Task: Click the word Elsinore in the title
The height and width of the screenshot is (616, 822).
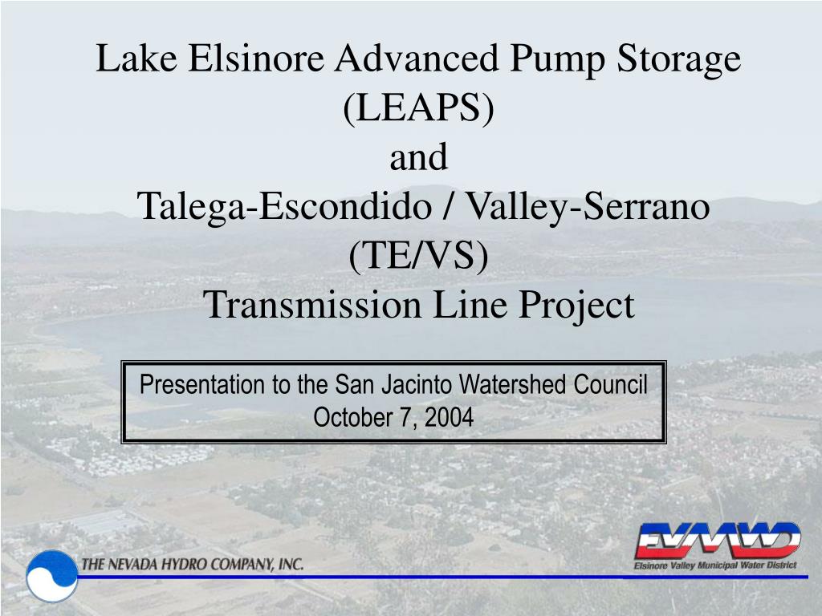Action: pos(256,58)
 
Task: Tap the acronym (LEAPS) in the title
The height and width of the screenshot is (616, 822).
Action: pos(419,107)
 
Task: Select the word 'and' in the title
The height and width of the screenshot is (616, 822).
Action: pos(419,156)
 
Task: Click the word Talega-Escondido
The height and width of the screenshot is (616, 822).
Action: pos(284,206)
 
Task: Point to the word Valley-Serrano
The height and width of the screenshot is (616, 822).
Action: pos(588,206)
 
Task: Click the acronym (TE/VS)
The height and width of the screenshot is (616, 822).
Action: pos(419,255)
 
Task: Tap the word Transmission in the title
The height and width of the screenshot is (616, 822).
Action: pos(312,305)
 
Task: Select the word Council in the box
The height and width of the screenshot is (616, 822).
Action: pos(610,384)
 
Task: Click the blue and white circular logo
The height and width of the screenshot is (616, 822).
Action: pos(52,576)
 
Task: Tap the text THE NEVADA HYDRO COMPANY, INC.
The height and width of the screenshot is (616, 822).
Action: pos(193,564)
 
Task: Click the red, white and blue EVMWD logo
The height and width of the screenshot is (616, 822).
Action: pos(717,540)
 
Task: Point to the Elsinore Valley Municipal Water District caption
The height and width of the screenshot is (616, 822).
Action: pos(715,565)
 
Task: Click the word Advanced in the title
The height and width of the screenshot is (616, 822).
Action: pos(417,58)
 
